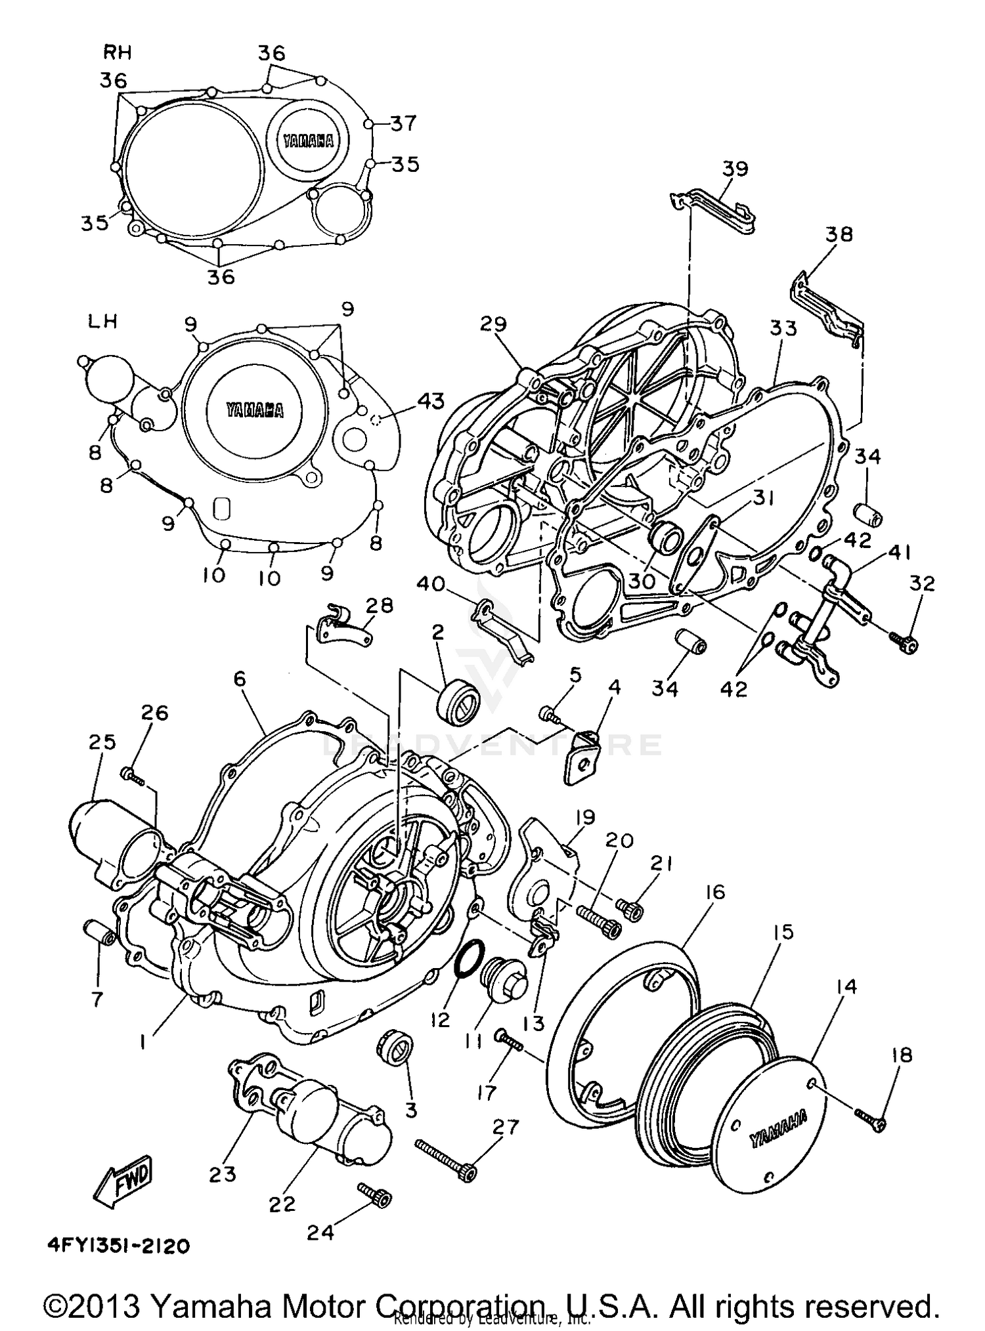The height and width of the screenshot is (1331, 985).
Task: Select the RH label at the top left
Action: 118,52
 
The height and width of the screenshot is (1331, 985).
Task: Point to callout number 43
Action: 430,400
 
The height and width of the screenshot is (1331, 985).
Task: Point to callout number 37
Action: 403,123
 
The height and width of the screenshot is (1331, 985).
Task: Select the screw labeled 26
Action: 133,776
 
